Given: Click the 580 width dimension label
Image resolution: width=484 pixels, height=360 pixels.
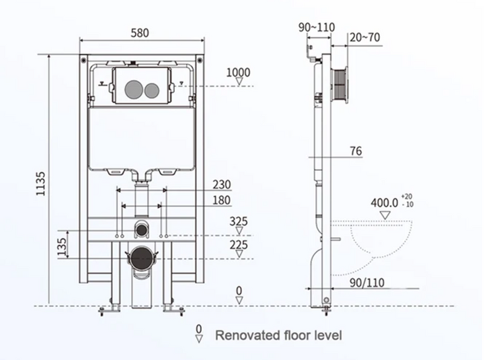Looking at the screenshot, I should (140, 32).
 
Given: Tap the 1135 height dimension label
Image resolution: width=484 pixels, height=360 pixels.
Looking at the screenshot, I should (41, 183).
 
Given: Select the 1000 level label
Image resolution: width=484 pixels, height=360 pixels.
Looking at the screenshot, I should (238, 73).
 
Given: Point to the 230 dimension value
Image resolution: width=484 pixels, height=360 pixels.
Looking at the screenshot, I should (223, 184).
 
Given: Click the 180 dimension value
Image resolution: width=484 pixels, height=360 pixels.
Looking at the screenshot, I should (223, 200).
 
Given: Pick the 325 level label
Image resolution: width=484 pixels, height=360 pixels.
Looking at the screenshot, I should (238, 221).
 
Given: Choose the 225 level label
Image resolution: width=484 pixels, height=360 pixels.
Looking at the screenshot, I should (238, 246).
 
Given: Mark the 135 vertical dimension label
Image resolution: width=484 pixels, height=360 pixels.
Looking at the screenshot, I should (63, 246).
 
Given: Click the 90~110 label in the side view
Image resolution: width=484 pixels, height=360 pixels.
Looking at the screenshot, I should (316, 27).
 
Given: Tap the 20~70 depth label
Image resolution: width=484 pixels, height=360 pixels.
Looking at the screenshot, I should (365, 38).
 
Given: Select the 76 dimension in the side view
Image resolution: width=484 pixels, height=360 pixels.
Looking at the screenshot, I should (356, 151).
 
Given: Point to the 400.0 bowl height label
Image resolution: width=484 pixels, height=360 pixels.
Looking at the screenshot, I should (385, 201).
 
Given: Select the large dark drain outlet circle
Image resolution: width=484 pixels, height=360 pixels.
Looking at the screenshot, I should (140, 257).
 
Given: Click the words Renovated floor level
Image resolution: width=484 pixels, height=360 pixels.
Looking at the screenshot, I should (278, 334).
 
